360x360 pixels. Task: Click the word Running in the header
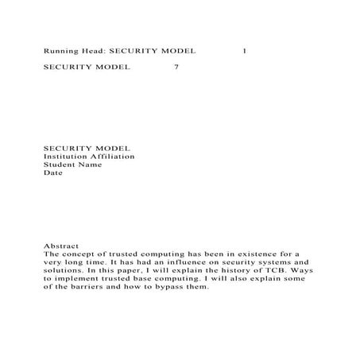(x=59, y=51)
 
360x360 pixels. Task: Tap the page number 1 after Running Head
(x=244, y=51)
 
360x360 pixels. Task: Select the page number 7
(x=176, y=68)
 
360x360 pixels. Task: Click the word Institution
(x=66, y=157)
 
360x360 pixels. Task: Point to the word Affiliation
(x=114, y=157)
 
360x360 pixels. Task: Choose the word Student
(x=58, y=165)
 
